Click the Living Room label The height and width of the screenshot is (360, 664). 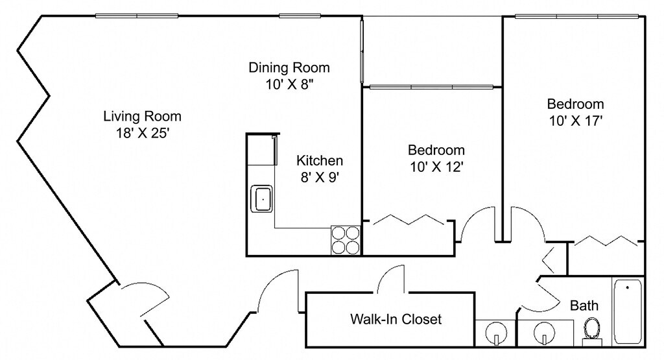click(x=142, y=116)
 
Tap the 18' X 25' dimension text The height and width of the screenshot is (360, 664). click(x=143, y=134)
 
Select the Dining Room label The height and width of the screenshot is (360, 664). click(x=289, y=67)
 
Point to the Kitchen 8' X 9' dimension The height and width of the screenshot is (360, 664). click(x=319, y=177)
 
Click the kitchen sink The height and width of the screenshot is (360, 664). click(x=263, y=198)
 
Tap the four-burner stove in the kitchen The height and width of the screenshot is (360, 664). click(x=346, y=240)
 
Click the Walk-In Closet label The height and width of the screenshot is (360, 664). click(x=396, y=319)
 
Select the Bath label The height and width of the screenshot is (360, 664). click(x=584, y=306)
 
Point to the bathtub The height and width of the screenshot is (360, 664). click(x=628, y=312)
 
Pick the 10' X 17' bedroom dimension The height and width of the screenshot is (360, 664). click(x=576, y=121)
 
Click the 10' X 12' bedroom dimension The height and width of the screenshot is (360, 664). click(x=436, y=167)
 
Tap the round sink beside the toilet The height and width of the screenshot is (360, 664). click(x=544, y=331)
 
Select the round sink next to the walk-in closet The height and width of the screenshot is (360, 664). click(x=496, y=331)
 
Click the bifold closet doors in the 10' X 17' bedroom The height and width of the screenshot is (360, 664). click(x=606, y=241)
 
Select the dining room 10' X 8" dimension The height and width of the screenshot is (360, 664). click(x=289, y=85)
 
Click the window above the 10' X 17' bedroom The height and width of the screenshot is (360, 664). click(x=576, y=16)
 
